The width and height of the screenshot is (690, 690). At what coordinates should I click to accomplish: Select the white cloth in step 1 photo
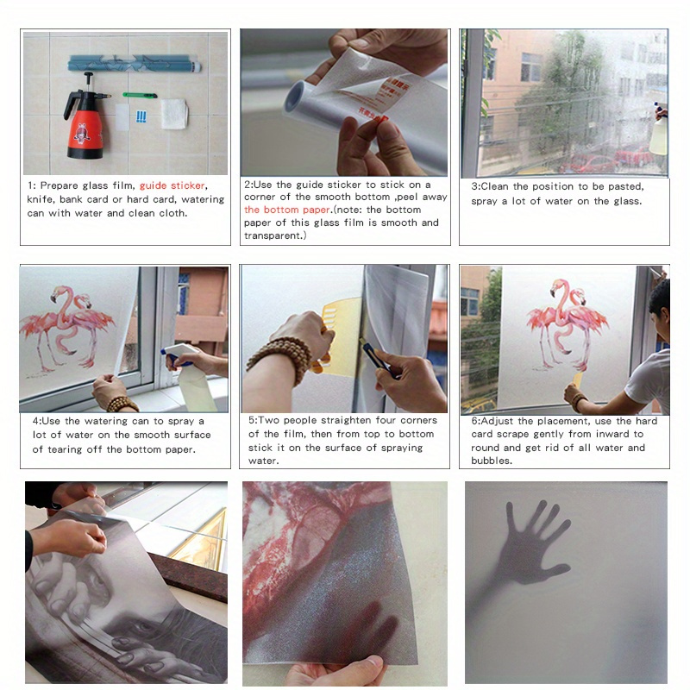point(173,113)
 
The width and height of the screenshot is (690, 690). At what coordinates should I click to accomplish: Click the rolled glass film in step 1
point(135,63)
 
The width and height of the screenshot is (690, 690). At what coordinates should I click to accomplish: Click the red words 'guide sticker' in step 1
point(172,185)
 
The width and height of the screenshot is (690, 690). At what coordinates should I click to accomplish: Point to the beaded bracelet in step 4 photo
point(123,404)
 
